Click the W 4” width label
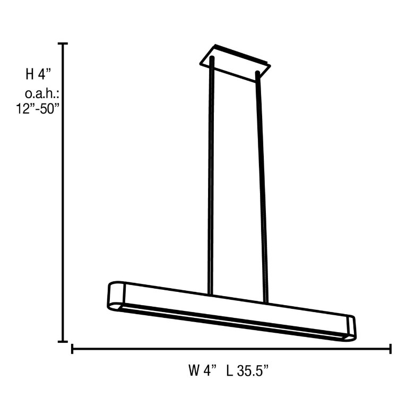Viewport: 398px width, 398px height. point(203,370)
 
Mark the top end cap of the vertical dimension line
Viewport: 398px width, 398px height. point(65,44)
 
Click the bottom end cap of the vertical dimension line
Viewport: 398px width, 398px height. point(65,341)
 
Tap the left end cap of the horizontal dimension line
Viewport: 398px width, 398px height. point(72,349)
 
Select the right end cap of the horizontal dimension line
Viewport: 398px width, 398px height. point(391,349)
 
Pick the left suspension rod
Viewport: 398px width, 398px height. point(211,175)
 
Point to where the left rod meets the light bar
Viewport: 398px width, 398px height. point(211,295)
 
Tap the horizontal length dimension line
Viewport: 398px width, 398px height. point(231,349)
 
